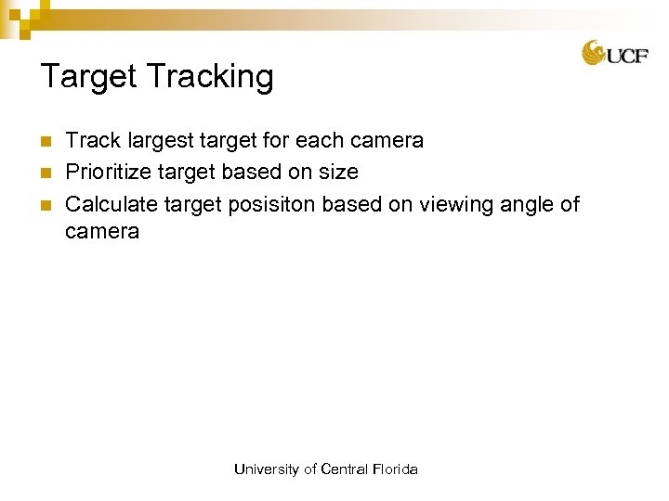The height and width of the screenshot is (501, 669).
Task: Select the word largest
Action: (x=161, y=142)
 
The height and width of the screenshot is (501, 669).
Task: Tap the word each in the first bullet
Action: (x=321, y=141)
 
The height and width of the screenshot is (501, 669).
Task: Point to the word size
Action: (x=339, y=173)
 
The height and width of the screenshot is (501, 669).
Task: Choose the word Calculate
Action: (x=112, y=204)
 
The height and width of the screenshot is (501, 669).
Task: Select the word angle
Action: (x=524, y=204)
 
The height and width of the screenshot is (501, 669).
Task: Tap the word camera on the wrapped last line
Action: (x=102, y=232)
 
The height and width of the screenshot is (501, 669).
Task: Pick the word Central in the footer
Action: (x=344, y=469)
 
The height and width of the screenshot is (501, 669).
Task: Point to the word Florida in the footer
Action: (x=395, y=469)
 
